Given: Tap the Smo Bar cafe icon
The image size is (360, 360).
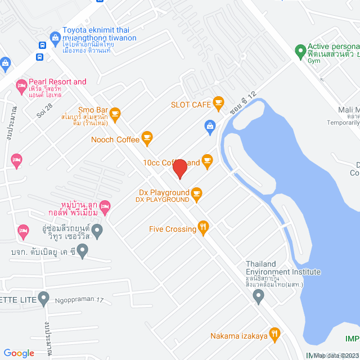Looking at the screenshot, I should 115,115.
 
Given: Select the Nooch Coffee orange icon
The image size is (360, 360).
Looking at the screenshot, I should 147,137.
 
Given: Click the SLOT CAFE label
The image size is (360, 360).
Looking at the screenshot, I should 191,104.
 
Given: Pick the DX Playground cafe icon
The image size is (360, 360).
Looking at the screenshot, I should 196,194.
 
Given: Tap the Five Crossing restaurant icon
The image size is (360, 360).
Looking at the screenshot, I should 204,228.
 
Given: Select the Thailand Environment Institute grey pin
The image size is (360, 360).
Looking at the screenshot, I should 259,296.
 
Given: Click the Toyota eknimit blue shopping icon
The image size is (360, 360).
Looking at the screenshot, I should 55,38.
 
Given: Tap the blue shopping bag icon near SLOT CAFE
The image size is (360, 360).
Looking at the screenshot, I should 210,125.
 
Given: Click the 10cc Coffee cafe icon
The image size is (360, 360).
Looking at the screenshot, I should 207,162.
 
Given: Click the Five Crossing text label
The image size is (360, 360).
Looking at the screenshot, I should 173,229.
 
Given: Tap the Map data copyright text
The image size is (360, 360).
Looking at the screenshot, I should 336,355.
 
